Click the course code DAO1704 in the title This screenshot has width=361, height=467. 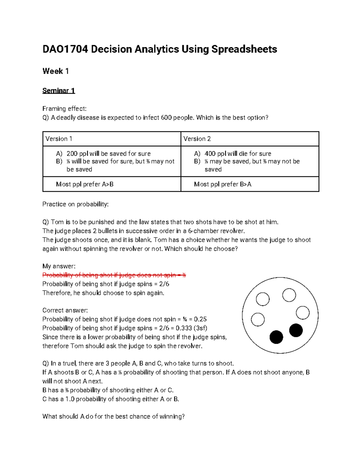pyautogui.click(x=65, y=49)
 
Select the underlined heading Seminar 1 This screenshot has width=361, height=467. pyautogui.click(x=59, y=91)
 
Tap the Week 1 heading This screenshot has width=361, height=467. pyautogui.click(x=56, y=71)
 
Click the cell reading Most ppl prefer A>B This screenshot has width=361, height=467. pyautogui.click(x=85, y=184)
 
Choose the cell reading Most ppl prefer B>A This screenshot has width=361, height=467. pyautogui.click(x=223, y=184)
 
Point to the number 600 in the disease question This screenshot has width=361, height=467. pyautogui.click(x=166, y=118)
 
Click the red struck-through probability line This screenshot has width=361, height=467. pyautogui.click(x=114, y=275)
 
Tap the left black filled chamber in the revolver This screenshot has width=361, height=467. pyautogui.click(x=276, y=337)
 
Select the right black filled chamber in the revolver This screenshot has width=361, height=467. pyautogui.click(x=296, y=330)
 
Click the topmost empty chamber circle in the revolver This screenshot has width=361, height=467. pyautogui.click(x=289, y=295)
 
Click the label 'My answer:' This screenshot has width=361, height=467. pyautogui.click(x=59, y=266)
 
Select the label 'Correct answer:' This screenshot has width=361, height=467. pyautogui.click(x=65, y=310)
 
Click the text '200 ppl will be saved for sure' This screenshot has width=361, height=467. pyautogui.click(x=108, y=153)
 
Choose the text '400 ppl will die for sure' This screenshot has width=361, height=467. pyautogui.click(x=238, y=153)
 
